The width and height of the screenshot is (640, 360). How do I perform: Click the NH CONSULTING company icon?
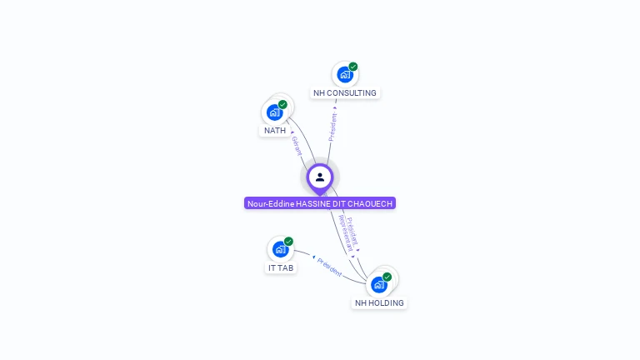tap(343, 75)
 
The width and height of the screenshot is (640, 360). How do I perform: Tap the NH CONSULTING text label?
tap(345, 93)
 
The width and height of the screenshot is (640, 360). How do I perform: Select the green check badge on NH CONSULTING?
tap(353, 67)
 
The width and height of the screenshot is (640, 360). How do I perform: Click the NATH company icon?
tap(274, 112)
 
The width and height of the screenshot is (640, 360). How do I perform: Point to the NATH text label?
tap(275, 131)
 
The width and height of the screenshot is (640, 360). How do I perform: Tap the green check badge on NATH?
tap(282, 104)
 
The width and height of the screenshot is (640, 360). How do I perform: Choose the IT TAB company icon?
tap(279, 249)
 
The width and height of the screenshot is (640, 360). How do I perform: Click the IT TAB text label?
tap(281, 268)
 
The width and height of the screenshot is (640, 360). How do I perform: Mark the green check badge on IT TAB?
tap(288, 242)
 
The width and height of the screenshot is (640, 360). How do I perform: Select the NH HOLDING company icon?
tap(378, 284)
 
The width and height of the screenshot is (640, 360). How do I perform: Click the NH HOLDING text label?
tap(379, 303)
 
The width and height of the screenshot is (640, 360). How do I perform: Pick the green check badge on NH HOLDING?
tap(387, 277)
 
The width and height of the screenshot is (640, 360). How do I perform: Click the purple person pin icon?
tap(320, 177)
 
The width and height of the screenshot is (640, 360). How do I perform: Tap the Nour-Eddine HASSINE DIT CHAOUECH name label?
tap(320, 203)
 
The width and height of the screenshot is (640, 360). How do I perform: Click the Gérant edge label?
tap(297, 145)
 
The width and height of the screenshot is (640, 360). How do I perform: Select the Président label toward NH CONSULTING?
tap(333, 127)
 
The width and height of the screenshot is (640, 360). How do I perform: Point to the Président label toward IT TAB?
tap(329, 267)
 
